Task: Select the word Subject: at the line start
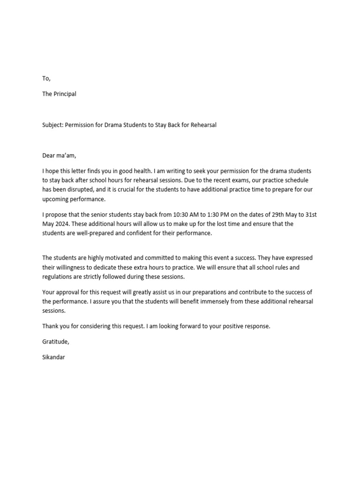coord(52,125)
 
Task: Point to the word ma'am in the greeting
coord(66,156)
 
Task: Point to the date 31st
coord(310,215)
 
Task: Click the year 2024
coord(66,224)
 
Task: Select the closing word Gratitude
coord(55,342)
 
